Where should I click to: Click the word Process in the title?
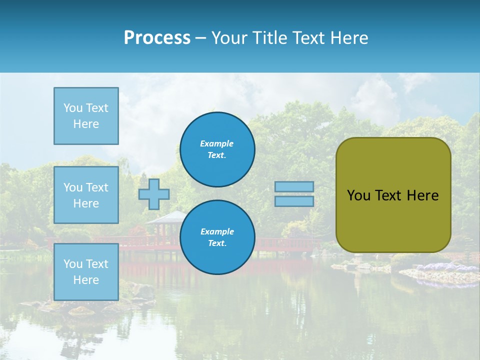click(157, 38)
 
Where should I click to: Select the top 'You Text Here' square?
click(86, 116)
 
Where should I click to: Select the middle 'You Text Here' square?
click(86, 195)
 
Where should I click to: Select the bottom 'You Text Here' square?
click(86, 272)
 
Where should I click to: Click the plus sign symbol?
click(154, 194)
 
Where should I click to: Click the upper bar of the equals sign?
click(294, 186)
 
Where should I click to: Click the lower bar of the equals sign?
click(294, 201)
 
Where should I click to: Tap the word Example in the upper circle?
click(216, 143)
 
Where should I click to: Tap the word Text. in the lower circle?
click(217, 243)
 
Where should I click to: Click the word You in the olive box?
click(358, 195)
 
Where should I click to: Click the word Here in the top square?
click(86, 124)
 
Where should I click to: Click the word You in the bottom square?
click(73, 264)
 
